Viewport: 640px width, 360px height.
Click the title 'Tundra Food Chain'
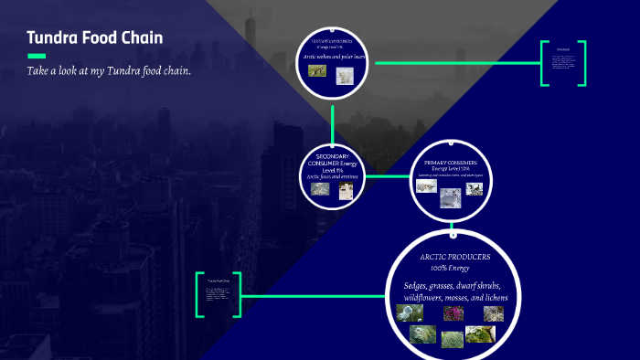click(x=95, y=38)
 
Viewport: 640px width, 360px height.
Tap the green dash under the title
click(x=37, y=57)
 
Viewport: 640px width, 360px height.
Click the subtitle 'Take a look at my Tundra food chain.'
click(x=109, y=71)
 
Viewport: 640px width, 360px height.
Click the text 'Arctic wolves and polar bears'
click(x=333, y=57)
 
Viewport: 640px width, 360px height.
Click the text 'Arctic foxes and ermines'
click(x=332, y=175)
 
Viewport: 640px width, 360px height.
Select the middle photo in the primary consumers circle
click(x=450, y=197)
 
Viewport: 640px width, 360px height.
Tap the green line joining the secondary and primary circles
click(x=387, y=177)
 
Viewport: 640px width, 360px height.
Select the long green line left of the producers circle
click(x=311, y=295)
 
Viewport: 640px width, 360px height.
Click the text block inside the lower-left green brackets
click(x=219, y=294)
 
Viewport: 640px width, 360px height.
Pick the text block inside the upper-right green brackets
click(x=563, y=63)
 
